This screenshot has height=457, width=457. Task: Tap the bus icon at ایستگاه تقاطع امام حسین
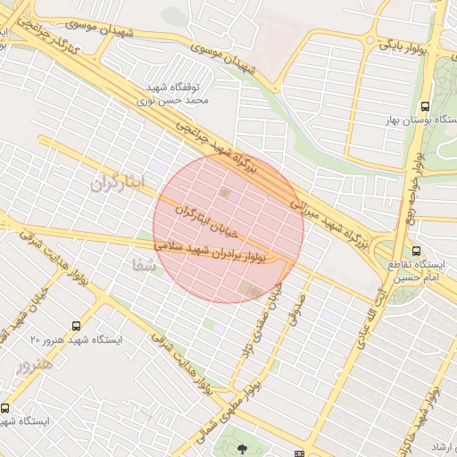pos(417,251)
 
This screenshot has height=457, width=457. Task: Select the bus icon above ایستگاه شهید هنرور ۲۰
pos(76,326)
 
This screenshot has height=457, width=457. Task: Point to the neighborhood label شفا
pos(143,265)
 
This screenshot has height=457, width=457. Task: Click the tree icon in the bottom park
pos(243,446)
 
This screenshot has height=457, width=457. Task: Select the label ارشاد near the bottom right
pos(441,446)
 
